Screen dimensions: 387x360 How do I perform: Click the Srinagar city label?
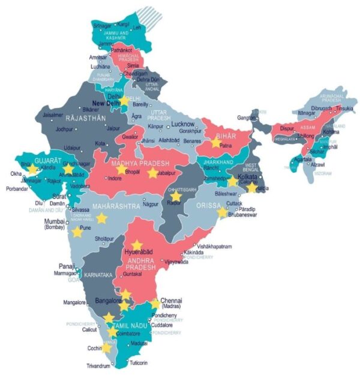(102, 26)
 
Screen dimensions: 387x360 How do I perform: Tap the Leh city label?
(137, 28)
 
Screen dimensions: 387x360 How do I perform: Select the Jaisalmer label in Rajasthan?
(53, 115)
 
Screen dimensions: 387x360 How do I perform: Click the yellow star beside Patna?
(216, 143)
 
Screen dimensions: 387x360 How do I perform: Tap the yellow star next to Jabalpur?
(153, 173)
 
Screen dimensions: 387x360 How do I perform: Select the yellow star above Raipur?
(175, 196)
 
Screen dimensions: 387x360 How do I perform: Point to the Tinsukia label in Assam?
(344, 109)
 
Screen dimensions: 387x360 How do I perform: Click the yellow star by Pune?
(77, 232)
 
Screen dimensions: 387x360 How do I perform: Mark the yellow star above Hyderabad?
(137, 245)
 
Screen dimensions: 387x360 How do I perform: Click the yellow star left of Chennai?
(155, 304)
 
